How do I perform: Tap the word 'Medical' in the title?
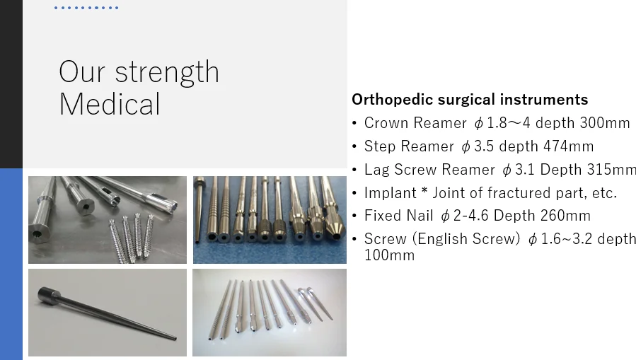[x=110, y=105]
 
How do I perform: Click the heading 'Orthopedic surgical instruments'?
[x=470, y=99]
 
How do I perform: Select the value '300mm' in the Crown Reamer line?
[x=605, y=123]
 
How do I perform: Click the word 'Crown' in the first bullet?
[x=386, y=123]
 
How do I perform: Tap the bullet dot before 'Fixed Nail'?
[x=354, y=216]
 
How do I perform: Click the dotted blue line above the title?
[x=86, y=8]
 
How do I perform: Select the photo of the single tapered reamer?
[x=108, y=312]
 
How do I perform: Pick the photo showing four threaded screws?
[x=108, y=219]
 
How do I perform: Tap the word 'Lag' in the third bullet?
[x=377, y=170]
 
